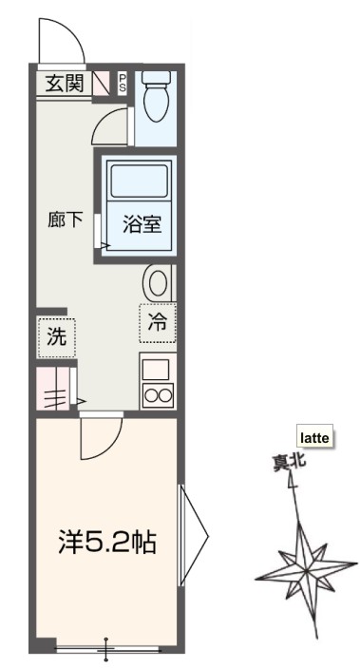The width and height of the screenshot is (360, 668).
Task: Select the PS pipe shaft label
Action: [x=123, y=83]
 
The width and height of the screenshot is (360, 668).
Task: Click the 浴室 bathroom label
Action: [x=140, y=225]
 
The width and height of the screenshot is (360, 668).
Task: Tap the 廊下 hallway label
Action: [x=65, y=219]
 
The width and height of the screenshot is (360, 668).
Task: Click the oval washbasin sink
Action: [x=159, y=282]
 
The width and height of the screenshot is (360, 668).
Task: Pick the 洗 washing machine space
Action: [x=56, y=334]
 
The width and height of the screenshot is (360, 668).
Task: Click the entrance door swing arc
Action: [x=58, y=40]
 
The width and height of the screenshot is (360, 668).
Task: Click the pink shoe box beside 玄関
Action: [x=103, y=84]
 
